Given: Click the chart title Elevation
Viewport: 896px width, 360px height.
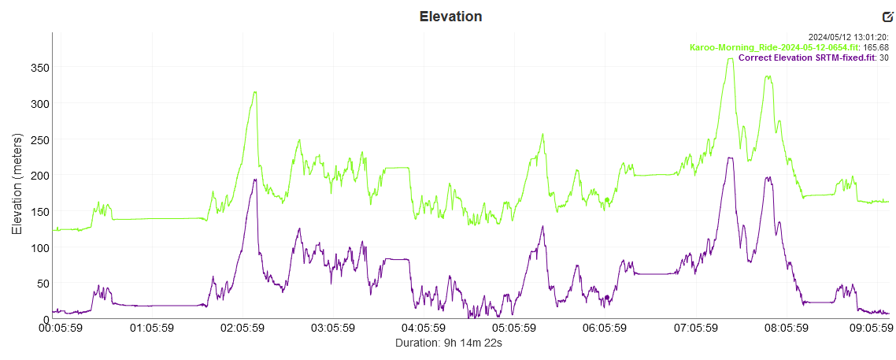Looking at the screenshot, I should coord(450,17).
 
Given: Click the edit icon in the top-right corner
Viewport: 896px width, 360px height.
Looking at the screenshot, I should coord(888,17).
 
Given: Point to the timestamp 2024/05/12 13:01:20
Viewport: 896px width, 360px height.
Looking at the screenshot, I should coord(849,37).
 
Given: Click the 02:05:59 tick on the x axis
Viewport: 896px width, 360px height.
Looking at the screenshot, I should coord(243,328).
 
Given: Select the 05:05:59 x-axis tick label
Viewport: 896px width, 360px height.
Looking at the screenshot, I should coord(513,328).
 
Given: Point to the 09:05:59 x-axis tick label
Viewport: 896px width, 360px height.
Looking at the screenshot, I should coord(873,328).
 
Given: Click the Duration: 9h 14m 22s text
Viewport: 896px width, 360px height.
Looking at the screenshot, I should coord(449,343).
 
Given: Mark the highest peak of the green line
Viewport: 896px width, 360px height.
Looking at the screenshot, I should coord(730,59).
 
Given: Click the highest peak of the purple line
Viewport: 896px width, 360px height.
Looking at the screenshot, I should coord(730,158).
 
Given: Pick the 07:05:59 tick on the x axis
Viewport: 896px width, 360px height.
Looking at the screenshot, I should coord(694,328).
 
